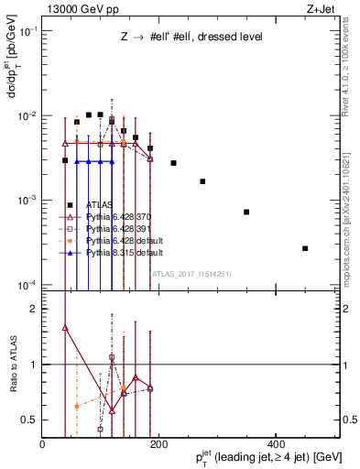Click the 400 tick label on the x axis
click(276, 444)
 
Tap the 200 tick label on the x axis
click(158, 444)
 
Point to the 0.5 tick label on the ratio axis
click(29, 420)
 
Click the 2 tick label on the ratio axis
click(34, 310)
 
